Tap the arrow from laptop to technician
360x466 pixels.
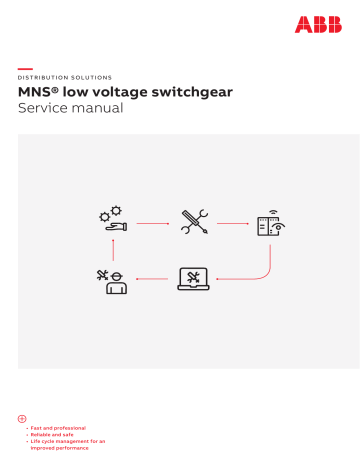point(150,280)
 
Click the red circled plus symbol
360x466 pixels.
point(22,417)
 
